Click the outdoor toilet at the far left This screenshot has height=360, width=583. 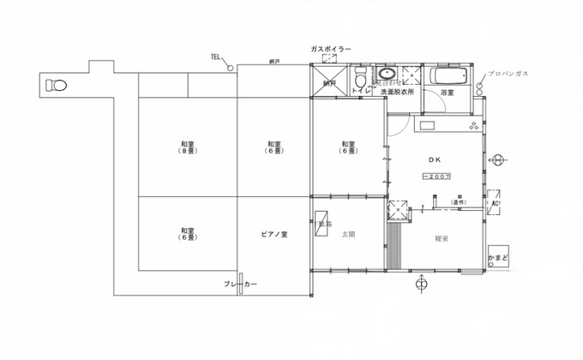click(57, 85)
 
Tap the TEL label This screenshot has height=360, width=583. click(216, 57)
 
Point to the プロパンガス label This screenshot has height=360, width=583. click(508, 75)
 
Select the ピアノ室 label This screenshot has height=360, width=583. click(274, 233)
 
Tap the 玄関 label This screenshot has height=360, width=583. click(348, 233)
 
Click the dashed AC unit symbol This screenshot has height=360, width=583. click(496, 203)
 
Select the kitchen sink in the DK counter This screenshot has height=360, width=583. click(427, 127)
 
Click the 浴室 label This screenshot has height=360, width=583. click(447, 92)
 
